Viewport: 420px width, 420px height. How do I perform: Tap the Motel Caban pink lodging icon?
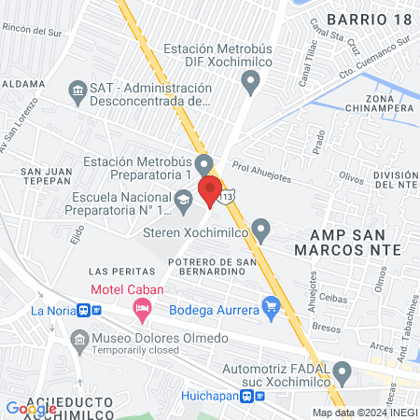tap(142, 307)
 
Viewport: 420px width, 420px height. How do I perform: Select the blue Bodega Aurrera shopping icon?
tap(272, 305)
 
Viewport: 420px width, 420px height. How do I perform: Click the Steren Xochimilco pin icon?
tap(261, 229)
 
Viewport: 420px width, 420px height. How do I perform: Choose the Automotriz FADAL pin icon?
tap(343, 373)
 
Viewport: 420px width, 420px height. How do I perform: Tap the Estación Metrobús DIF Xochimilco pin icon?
tap(249, 82)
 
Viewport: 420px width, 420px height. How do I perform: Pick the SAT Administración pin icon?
tap(77, 90)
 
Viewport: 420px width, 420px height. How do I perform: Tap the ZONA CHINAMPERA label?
tap(390, 103)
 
